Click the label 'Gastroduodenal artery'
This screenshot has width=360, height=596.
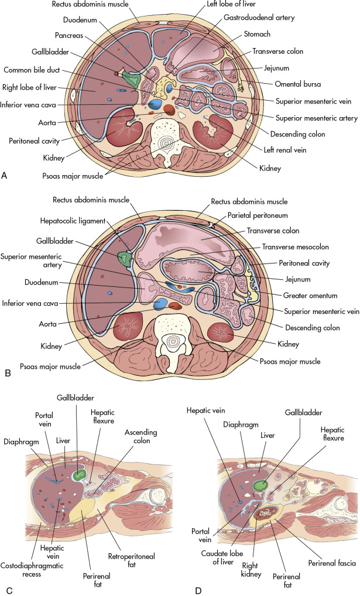coord(258,18)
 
